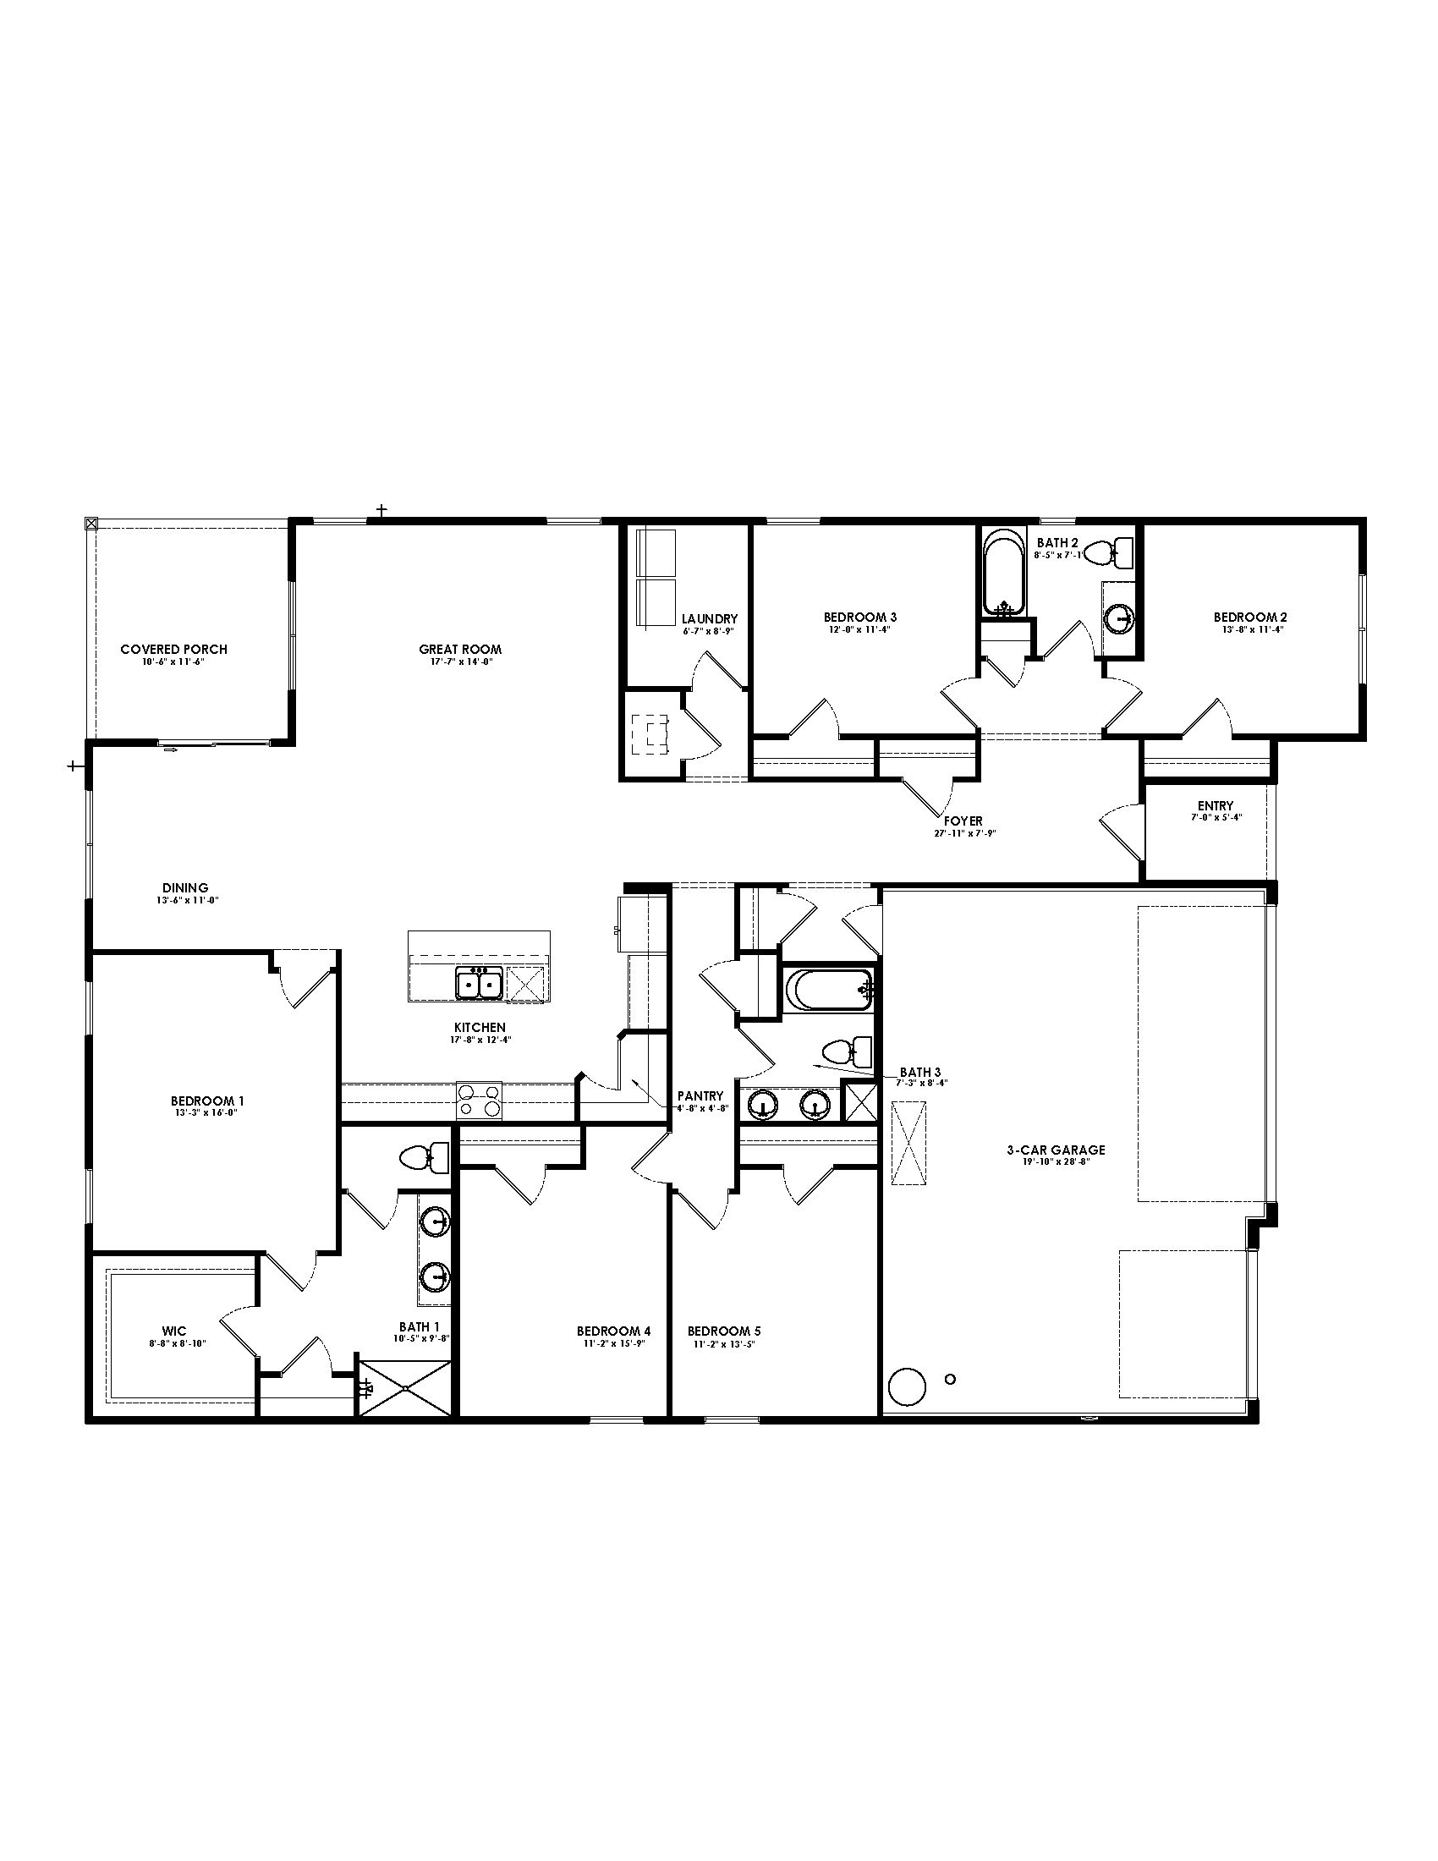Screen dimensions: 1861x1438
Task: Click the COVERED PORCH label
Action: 173,650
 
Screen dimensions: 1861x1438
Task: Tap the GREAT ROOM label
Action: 460,650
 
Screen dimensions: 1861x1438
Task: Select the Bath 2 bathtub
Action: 1004,573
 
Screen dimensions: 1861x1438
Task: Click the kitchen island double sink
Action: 477,984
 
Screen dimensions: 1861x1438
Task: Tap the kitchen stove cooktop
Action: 480,1099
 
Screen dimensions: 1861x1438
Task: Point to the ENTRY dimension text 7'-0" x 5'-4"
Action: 1215,817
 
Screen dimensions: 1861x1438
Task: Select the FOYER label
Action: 963,821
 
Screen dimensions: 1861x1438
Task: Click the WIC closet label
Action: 173,1331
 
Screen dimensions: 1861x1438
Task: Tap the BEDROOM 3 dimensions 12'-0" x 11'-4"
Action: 859,629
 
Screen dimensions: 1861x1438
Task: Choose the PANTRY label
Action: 700,1095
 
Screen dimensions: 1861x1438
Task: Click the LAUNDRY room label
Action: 709,618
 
